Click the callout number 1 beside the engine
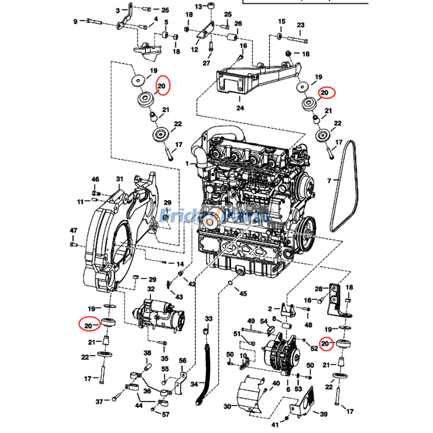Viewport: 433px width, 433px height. click(187, 163)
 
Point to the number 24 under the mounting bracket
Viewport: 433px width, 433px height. click(240, 108)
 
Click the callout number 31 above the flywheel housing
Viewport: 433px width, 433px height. click(120, 179)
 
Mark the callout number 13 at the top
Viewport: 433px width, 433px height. click(199, 6)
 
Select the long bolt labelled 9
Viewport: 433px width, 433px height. click(99, 22)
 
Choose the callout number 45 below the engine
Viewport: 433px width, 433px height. click(243, 294)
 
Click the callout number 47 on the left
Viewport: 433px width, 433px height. click(74, 231)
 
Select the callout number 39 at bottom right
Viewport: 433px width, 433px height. click(324, 414)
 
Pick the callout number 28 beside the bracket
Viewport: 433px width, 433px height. click(319, 288)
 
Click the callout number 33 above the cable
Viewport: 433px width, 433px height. click(208, 318)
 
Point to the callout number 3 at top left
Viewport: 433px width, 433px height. click(117, 10)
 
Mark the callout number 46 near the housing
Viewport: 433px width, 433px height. click(95, 179)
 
